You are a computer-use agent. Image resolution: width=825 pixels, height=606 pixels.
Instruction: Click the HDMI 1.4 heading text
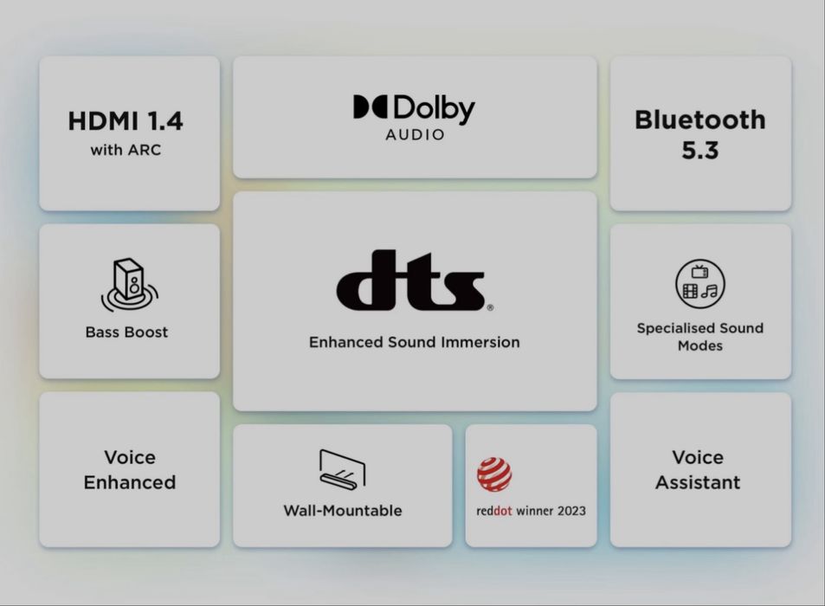pyautogui.click(x=126, y=121)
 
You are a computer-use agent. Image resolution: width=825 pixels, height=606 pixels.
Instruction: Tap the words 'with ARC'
pyautogui.click(x=126, y=150)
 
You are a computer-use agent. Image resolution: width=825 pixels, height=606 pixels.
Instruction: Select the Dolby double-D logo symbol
pyautogui.click(x=371, y=106)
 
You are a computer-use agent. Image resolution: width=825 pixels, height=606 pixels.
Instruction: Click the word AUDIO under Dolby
pyautogui.click(x=415, y=135)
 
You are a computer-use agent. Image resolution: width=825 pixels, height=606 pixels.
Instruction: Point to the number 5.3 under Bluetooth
pyautogui.click(x=699, y=151)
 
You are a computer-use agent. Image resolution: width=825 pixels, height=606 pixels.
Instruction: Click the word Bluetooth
pyautogui.click(x=699, y=120)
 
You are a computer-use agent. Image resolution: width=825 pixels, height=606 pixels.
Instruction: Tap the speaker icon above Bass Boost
pyautogui.click(x=130, y=285)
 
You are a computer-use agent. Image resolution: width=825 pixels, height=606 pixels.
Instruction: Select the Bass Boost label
pyautogui.click(x=126, y=332)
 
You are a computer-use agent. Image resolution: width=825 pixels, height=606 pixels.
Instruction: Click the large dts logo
pyautogui.click(x=410, y=280)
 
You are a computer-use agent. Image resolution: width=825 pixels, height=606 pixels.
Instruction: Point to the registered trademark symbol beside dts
pyautogui.click(x=490, y=307)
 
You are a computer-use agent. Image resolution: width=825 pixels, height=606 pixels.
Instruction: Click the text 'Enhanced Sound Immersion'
pyautogui.click(x=414, y=343)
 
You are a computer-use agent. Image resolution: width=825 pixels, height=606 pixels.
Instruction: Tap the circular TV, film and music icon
pyautogui.click(x=699, y=284)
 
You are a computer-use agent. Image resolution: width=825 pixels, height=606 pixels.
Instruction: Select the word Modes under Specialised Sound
pyautogui.click(x=699, y=346)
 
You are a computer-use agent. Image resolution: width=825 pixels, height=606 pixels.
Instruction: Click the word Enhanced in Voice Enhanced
pyautogui.click(x=130, y=482)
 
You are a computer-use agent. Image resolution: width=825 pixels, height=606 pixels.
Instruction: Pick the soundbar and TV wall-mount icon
pyautogui.click(x=342, y=469)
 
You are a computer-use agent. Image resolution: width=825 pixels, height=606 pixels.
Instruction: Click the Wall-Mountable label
pyautogui.click(x=343, y=511)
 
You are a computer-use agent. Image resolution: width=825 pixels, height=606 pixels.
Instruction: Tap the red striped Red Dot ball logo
pyautogui.click(x=494, y=474)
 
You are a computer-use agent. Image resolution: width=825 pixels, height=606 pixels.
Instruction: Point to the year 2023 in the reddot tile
pyautogui.click(x=571, y=511)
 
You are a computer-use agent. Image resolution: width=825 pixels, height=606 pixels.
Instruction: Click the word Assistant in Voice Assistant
pyautogui.click(x=698, y=482)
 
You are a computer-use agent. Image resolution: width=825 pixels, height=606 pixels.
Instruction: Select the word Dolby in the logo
pyautogui.click(x=434, y=109)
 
